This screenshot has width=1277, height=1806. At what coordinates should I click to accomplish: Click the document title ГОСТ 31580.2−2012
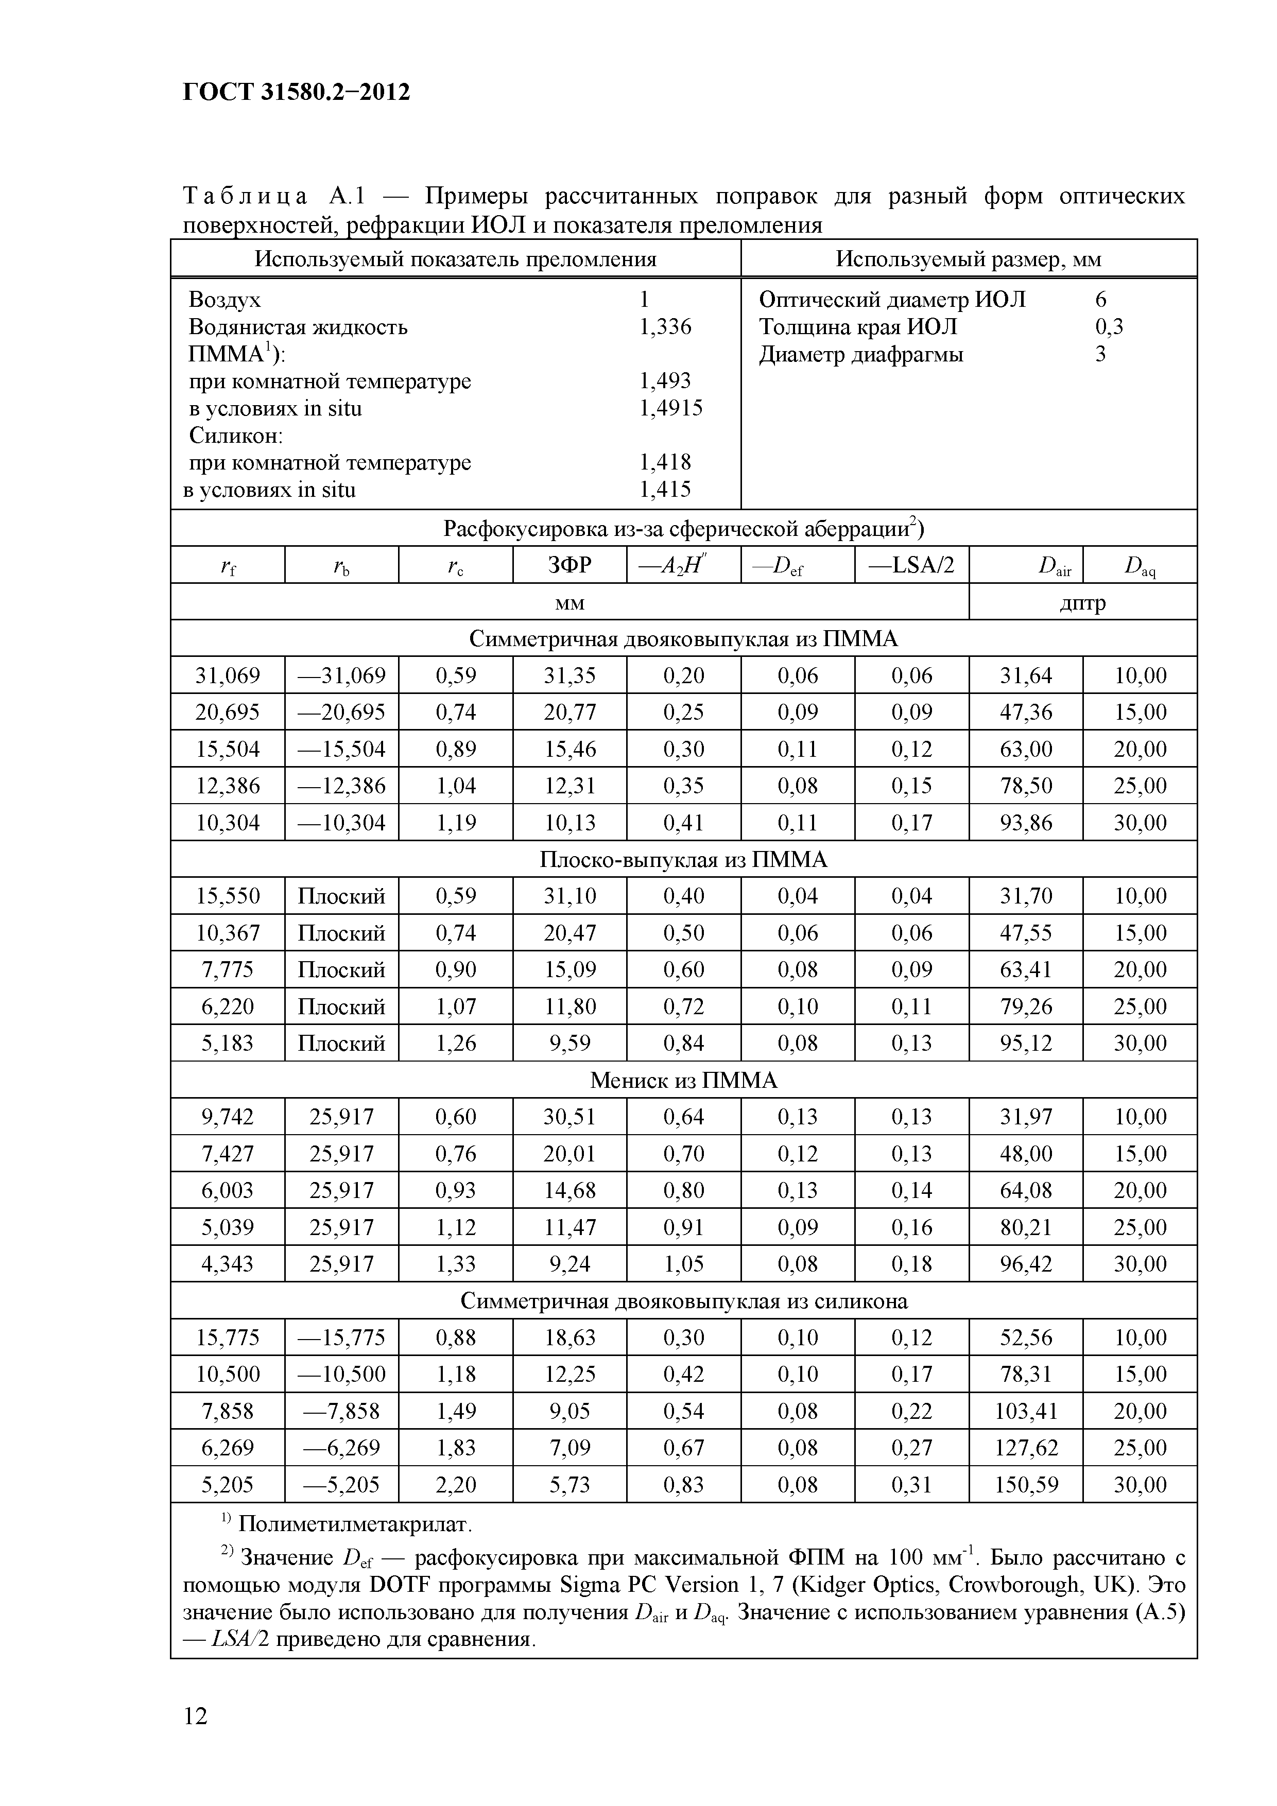pyautogui.click(x=296, y=93)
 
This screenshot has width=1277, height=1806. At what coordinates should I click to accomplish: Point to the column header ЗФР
pyautogui.click(x=569, y=565)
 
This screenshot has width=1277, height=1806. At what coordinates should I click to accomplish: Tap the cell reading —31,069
pyautogui.click(x=341, y=675)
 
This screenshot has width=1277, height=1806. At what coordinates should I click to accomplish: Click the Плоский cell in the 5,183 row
pyautogui.click(x=341, y=1044)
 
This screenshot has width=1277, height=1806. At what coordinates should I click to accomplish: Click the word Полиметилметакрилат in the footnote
pyautogui.click(x=355, y=1524)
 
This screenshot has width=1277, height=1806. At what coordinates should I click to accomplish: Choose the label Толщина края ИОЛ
pyautogui.click(x=858, y=326)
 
